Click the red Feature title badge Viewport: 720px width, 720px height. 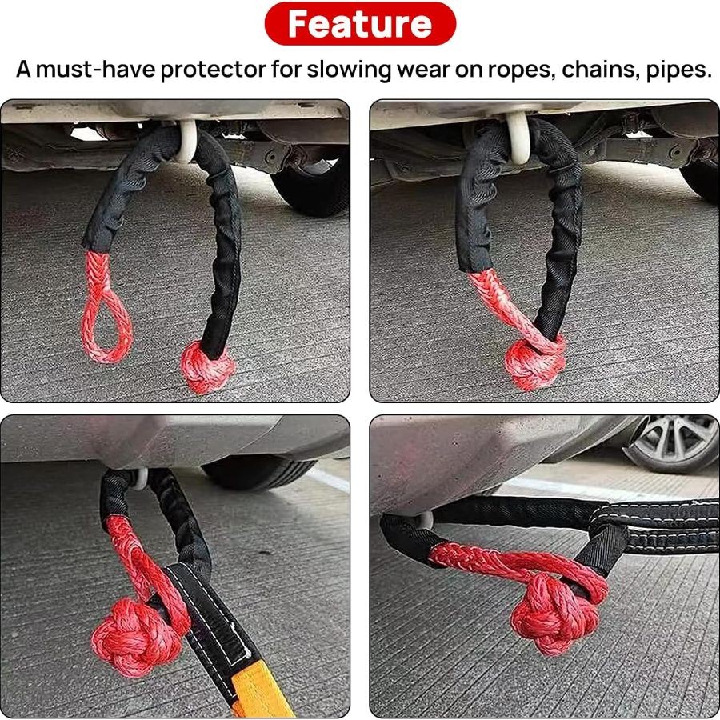tap(360, 24)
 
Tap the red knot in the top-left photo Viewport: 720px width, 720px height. tap(206, 366)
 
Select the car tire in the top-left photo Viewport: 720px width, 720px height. tap(312, 188)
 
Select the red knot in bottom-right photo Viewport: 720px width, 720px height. tap(554, 613)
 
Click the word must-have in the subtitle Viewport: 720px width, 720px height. tap(96, 70)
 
